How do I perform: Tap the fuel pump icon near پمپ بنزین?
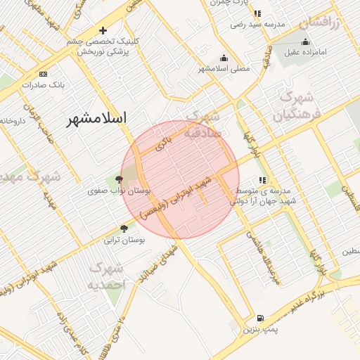click(260, 319)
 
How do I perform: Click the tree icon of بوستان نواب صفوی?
click(118, 180)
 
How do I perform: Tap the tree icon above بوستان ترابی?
click(124, 229)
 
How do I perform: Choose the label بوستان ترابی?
click(124, 240)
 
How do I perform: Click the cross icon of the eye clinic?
click(103, 30)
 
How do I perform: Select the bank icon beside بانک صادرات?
click(44, 74)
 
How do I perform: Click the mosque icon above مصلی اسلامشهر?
click(224, 58)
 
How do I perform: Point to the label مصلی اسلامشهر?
click(224, 69)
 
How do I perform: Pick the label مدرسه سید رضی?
click(257, 25)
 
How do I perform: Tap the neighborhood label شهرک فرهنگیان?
click(300, 105)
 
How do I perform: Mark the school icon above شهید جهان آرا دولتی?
click(263, 180)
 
